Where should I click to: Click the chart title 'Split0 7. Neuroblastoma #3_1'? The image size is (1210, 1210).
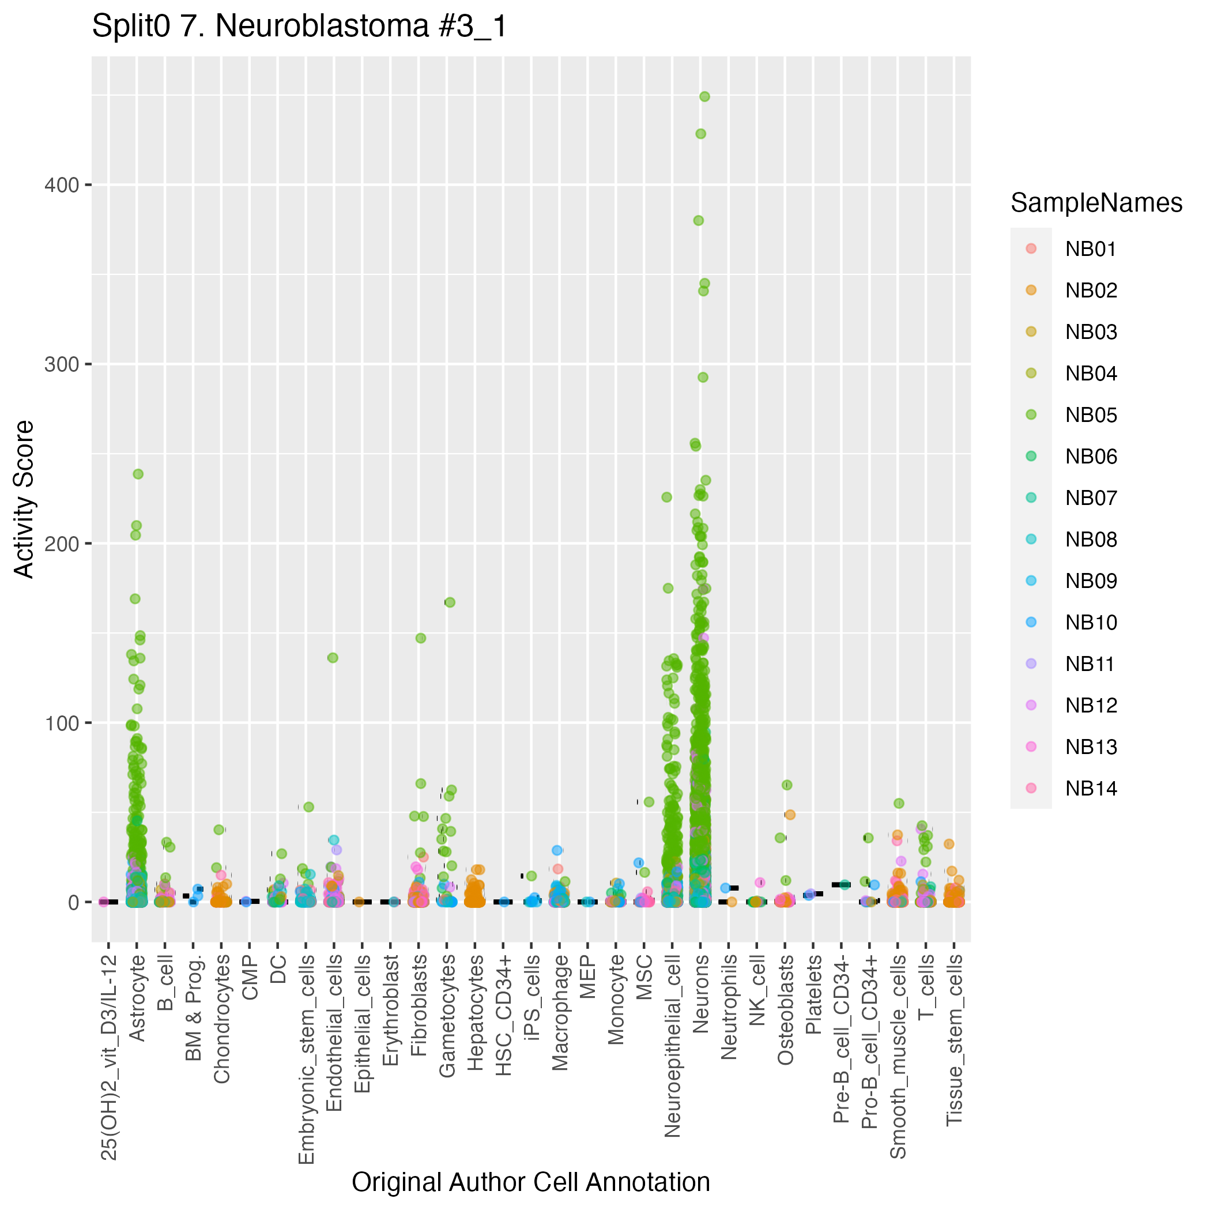pyautogui.click(x=299, y=27)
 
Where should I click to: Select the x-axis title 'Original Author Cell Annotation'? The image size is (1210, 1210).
pyautogui.click(x=530, y=1182)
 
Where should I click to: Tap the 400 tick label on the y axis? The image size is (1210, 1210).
pyautogui.click(x=61, y=186)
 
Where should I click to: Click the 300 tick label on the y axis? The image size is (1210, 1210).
pyautogui.click(x=61, y=364)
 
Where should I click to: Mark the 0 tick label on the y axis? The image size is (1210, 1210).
pyautogui.click(x=73, y=903)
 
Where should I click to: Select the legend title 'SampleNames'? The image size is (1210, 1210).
pyautogui.click(x=1096, y=203)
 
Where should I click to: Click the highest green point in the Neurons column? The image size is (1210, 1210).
pyautogui.click(x=704, y=96)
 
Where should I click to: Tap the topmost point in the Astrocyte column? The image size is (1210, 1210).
pyautogui.click(x=138, y=474)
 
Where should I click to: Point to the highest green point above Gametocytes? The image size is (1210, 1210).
pyautogui.click(x=450, y=602)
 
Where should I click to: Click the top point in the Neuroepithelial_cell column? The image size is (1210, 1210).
pyautogui.click(x=667, y=497)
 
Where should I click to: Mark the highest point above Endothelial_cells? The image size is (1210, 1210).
pyautogui.click(x=333, y=658)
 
